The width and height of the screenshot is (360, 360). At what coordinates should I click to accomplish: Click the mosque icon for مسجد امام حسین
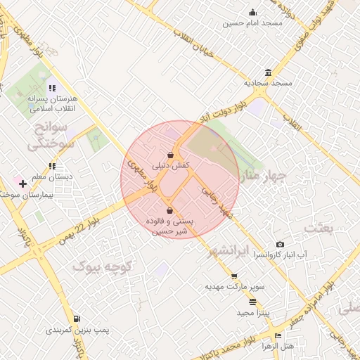253,12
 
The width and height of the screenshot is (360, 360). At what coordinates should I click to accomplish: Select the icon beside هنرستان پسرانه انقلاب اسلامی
51,89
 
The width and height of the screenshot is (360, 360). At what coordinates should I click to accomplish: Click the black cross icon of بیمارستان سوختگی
23,184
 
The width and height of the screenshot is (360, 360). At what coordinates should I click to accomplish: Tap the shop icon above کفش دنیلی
170,155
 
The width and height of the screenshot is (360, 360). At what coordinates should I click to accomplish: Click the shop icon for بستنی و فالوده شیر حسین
169,210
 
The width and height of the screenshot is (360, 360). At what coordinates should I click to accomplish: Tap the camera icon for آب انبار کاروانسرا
281,244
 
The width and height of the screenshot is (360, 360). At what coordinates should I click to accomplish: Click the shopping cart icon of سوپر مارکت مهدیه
234,277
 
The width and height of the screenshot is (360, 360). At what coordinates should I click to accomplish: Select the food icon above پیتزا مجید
253,302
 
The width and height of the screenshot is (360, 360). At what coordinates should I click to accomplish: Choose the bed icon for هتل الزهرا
278,336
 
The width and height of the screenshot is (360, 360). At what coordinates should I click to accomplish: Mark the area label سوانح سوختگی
51,138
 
